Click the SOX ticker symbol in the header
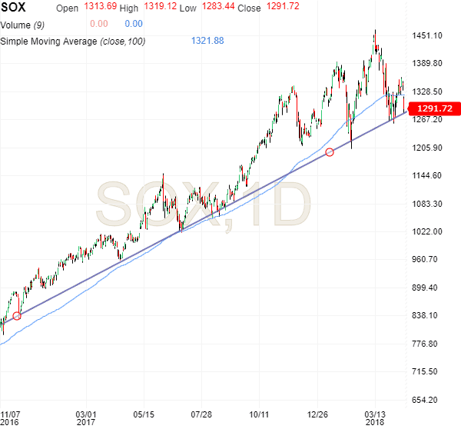(14, 7)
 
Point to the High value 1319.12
(158, 8)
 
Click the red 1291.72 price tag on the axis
(434, 109)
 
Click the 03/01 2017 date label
(86, 417)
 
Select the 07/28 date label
(201, 413)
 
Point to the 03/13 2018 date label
(375, 417)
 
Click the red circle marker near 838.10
(17, 315)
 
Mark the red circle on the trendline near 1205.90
(330, 152)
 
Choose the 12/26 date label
(317, 413)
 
